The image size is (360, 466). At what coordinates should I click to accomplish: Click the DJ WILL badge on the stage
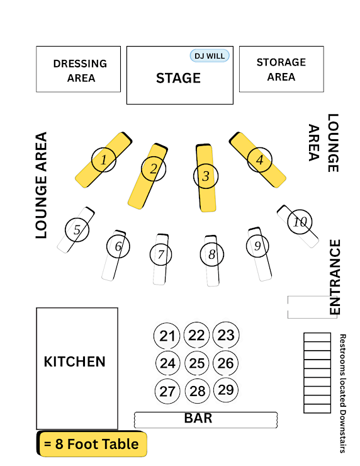click(210, 56)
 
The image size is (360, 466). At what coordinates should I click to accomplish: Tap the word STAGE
click(178, 78)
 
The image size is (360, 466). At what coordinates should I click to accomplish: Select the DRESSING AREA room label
click(80, 71)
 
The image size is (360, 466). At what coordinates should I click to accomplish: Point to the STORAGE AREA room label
click(281, 69)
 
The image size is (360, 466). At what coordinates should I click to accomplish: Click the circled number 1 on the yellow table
click(104, 160)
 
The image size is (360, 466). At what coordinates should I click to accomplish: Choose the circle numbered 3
click(206, 176)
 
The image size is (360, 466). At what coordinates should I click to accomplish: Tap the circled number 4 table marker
click(259, 159)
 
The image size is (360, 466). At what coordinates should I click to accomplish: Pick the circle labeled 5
click(77, 230)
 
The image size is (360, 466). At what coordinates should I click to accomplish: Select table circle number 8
click(211, 254)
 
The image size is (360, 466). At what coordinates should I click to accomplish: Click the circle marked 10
click(300, 222)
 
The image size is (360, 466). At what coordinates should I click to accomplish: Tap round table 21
click(167, 336)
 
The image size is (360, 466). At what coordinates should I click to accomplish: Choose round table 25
click(196, 363)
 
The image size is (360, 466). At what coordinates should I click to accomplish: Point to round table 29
click(226, 390)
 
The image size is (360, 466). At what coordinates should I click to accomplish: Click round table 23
click(226, 335)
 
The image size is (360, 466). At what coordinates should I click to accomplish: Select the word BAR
click(198, 418)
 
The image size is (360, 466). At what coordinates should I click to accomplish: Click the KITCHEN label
click(74, 361)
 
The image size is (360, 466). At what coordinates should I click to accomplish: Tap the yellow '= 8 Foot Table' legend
click(92, 444)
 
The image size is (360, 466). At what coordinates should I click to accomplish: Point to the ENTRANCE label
click(335, 277)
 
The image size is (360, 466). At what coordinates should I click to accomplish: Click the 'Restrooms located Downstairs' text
click(342, 394)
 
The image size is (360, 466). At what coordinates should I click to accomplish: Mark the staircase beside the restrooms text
click(317, 373)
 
